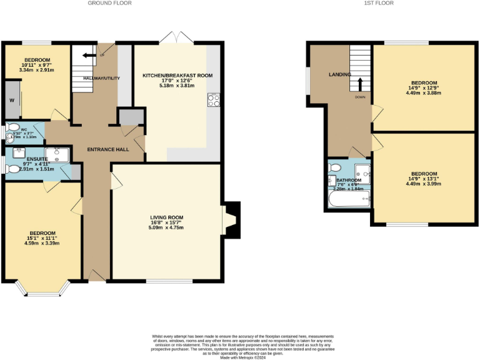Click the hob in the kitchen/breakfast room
tap(213, 97)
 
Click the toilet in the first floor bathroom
tap(334, 167)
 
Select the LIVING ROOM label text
tap(166, 217)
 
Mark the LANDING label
tap(341, 75)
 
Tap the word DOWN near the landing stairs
tap(360, 97)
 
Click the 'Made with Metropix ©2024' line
tap(244, 357)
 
